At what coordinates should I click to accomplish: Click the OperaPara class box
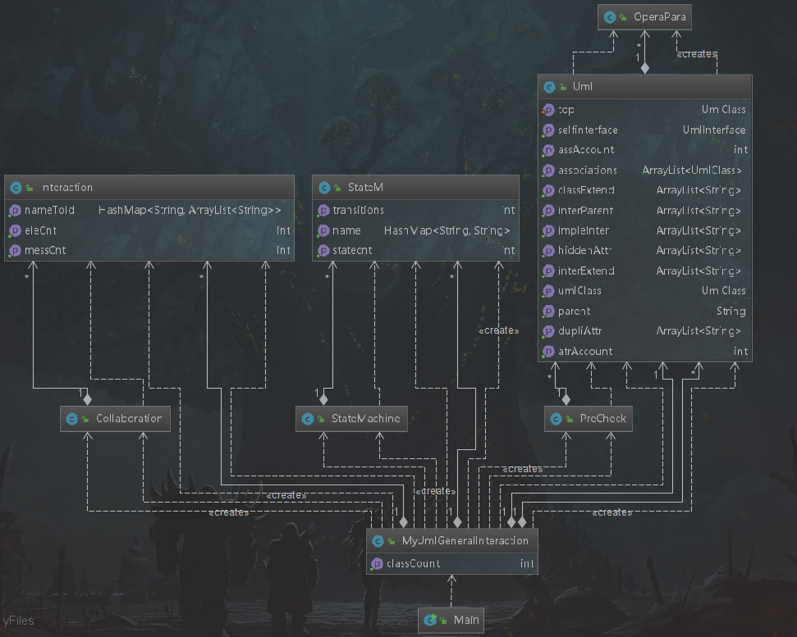tap(645, 16)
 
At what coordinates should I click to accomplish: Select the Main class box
tap(451, 621)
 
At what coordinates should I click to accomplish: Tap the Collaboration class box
tap(116, 418)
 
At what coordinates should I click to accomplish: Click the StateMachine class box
tap(351, 418)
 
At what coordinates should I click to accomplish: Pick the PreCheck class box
tap(589, 418)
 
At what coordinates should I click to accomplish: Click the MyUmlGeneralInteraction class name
tap(465, 541)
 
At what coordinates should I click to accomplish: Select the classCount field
tap(413, 563)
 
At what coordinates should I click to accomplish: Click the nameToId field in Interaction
tap(49, 211)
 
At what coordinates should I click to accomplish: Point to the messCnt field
tap(44, 250)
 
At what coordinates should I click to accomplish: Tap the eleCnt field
tap(40, 230)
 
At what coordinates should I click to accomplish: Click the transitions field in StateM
tap(358, 211)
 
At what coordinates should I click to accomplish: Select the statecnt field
tap(352, 250)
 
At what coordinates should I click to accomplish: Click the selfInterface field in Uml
tap(587, 130)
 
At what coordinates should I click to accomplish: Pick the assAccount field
tap(585, 150)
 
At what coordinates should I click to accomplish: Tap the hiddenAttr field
tap(584, 251)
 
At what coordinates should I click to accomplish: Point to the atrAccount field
tap(584, 351)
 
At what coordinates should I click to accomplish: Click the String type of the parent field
tap(731, 312)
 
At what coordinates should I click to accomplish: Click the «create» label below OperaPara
tap(697, 55)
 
